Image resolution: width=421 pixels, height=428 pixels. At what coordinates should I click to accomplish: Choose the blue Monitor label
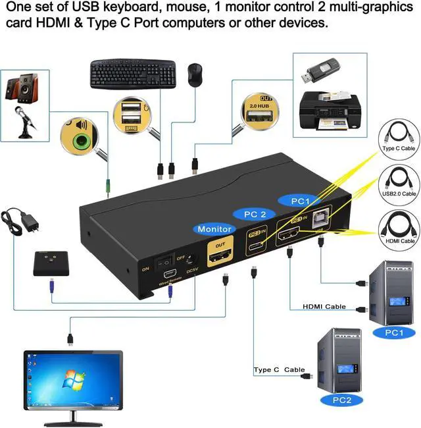tap(214, 228)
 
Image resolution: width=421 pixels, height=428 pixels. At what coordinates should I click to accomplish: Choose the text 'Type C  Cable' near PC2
tap(280, 370)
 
